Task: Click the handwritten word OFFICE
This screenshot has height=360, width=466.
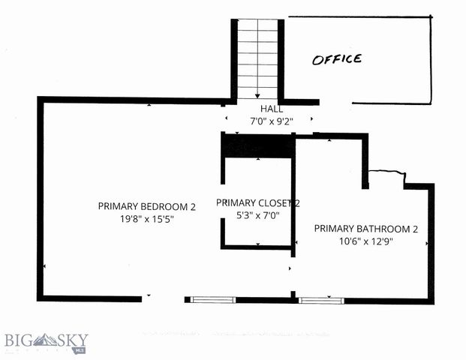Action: [x=337, y=59]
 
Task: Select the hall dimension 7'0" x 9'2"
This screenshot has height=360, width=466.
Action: [x=277, y=120]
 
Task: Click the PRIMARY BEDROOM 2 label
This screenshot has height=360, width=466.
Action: [x=146, y=206]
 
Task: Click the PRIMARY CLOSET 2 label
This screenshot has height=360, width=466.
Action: [x=257, y=202]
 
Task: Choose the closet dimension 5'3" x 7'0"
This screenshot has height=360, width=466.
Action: [x=258, y=215]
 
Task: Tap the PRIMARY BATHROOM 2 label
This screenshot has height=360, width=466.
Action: [x=365, y=229]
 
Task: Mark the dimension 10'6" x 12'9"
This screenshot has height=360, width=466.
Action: [x=365, y=241]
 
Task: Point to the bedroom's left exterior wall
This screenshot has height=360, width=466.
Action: [x=40, y=199]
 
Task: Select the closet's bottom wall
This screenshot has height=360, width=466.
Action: [x=257, y=247]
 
